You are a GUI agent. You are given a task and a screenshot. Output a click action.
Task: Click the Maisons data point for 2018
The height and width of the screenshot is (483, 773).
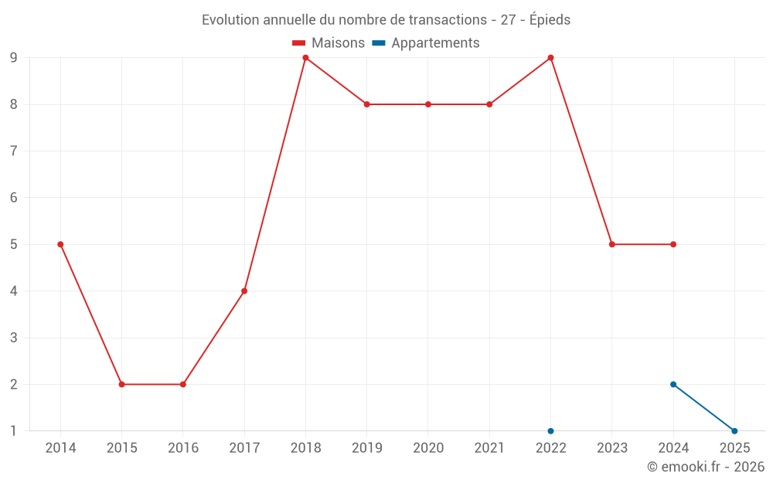point(305,58)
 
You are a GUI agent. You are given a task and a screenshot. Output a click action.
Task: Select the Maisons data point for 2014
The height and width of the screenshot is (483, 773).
point(60,244)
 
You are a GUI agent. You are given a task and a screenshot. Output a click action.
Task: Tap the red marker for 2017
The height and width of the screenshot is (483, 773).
point(244,291)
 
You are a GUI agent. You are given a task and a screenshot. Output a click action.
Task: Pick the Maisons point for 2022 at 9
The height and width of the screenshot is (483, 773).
point(550,58)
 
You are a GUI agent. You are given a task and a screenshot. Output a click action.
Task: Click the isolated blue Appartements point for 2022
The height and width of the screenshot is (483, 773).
point(550,430)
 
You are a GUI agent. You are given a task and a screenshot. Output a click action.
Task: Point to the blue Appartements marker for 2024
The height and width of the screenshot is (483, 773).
point(673,384)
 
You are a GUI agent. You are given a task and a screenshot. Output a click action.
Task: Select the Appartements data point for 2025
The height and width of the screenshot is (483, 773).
point(734,430)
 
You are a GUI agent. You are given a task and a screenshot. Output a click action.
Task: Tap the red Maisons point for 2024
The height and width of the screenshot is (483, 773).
point(673,244)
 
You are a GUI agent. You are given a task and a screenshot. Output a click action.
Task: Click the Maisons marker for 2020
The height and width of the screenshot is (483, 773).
point(428,104)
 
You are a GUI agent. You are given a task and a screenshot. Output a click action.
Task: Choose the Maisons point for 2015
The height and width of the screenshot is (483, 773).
point(121,384)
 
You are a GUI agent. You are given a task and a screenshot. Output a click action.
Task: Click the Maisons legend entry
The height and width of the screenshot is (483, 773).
point(329,43)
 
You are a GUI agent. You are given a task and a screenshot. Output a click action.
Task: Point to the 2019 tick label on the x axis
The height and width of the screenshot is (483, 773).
point(367,448)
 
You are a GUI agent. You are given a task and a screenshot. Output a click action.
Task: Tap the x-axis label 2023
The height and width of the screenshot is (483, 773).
point(612,448)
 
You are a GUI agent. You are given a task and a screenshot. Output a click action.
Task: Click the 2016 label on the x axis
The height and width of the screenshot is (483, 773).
point(183,448)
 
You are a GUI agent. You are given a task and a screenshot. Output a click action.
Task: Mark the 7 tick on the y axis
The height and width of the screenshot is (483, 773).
point(13,151)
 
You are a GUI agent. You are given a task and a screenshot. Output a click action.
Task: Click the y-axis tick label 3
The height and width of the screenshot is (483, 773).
point(13,338)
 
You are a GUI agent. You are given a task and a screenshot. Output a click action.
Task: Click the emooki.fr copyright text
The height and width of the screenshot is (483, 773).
point(706,467)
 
